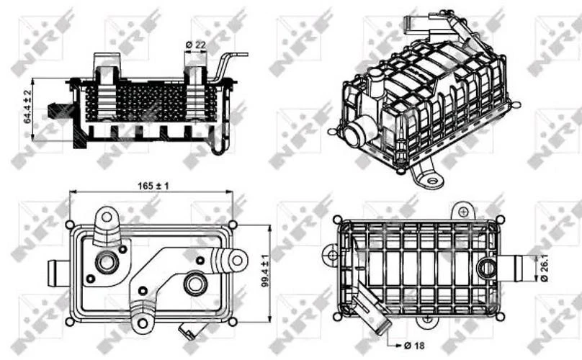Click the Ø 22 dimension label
[196, 45]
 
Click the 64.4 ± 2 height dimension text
[28, 107]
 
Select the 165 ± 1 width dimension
[152, 186]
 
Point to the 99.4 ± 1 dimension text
[265, 271]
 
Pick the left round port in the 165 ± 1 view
[107, 262]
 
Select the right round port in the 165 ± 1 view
[194, 282]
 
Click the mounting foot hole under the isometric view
[432, 178]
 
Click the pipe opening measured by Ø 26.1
[488, 269]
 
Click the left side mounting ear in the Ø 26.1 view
[331, 253]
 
